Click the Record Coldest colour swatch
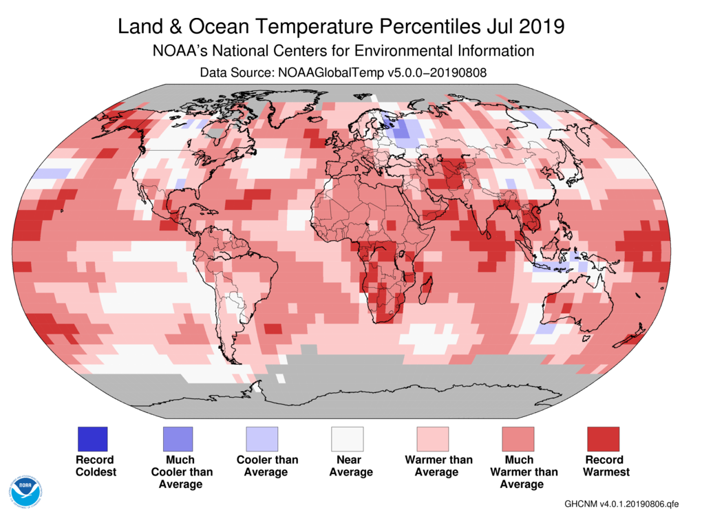pos(93,438)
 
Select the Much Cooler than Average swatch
pos(178,438)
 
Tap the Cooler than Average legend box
pos(262,438)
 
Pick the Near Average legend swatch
pos(348,438)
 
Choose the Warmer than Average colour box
pos(432,438)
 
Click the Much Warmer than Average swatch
pos(518,438)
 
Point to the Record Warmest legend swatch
pos(602,438)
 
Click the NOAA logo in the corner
pos(25,490)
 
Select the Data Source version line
pos(343,72)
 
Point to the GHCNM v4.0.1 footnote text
pos(616,503)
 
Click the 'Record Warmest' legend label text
pos(606,466)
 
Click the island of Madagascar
pos(427,282)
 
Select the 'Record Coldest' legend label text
pos(96,466)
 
